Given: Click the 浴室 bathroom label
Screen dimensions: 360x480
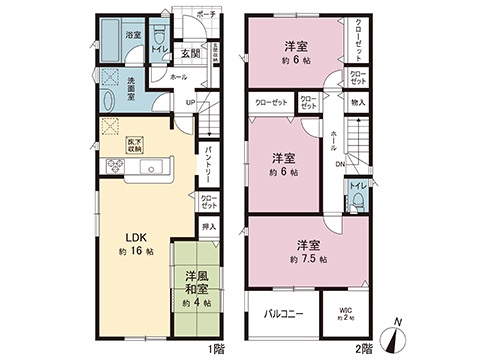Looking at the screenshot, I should tap(133, 35).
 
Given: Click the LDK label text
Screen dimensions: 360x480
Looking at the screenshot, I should tap(137, 237).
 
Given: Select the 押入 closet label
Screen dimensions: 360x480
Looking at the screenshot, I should tap(208, 228).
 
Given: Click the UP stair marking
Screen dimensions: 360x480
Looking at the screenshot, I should tap(190, 101).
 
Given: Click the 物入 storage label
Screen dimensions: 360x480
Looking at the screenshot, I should tap(358, 102).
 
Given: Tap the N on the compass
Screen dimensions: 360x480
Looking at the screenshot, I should tap(397, 321).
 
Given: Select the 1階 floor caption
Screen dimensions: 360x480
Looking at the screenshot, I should tap(216, 349).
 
